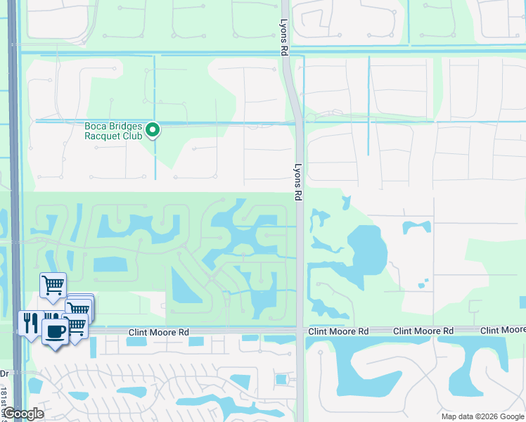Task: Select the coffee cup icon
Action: click(x=55, y=331)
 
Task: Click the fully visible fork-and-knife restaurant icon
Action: click(x=30, y=323)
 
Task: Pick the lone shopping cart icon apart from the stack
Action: click(x=53, y=285)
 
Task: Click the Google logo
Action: click(x=23, y=414)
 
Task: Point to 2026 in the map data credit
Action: click(x=475, y=416)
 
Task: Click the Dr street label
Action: click(x=4, y=373)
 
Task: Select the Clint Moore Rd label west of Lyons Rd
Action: click(x=160, y=331)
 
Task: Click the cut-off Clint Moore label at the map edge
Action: click(x=503, y=330)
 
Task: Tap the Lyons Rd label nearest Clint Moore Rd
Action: click(x=298, y=184)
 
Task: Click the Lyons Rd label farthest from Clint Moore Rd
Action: click(x=284, y=37)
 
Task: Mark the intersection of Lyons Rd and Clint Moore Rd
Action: click(x=300, y=331)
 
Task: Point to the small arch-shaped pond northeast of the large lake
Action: click(x=416, y=226)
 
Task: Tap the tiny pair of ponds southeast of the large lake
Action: click(x=423, y=284)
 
